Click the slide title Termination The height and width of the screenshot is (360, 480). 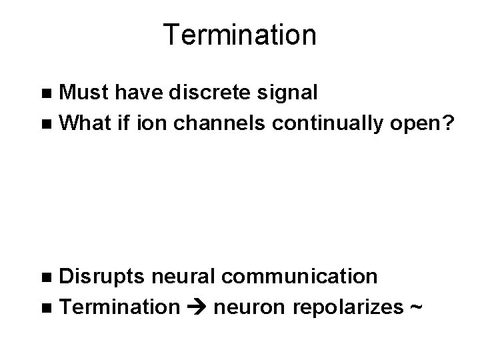point(239,35)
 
